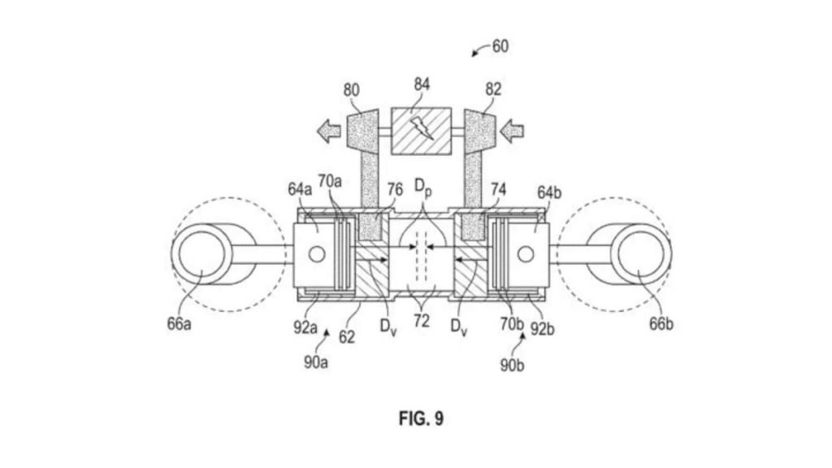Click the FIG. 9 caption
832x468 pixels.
[x=421, y=418]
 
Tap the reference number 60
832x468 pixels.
[x=500, y=46]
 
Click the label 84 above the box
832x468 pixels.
[x=421, y=84]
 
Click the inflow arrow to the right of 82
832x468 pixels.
[x=513, y=128]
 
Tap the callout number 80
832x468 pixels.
[x=351, y=90]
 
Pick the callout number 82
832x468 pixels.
[x=492, y=90]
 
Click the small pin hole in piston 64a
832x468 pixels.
[x=317, y=254]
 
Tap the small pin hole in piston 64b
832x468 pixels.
[x=526, y=254]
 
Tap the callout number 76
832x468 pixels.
[x=394, y=188]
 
